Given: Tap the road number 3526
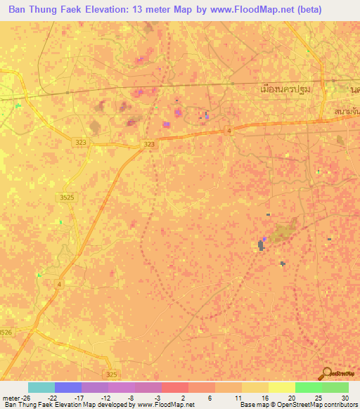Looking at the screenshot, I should [x=6, y=332].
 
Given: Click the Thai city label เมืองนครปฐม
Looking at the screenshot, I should [x=285, y=90].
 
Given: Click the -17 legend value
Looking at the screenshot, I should [x=77, y=397].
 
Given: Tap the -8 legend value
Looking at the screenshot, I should [x=131, y=397].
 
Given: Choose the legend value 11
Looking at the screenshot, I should [x=238, y=397].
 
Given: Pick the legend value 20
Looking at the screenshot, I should [x=291, y=397].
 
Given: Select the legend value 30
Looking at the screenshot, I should [x=344, y=397].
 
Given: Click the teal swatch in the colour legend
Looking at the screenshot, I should [x=41, y=387].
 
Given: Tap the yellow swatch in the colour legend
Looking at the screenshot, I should [x=281, y=387].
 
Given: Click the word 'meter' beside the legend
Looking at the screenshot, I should [x=9, y=397].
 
